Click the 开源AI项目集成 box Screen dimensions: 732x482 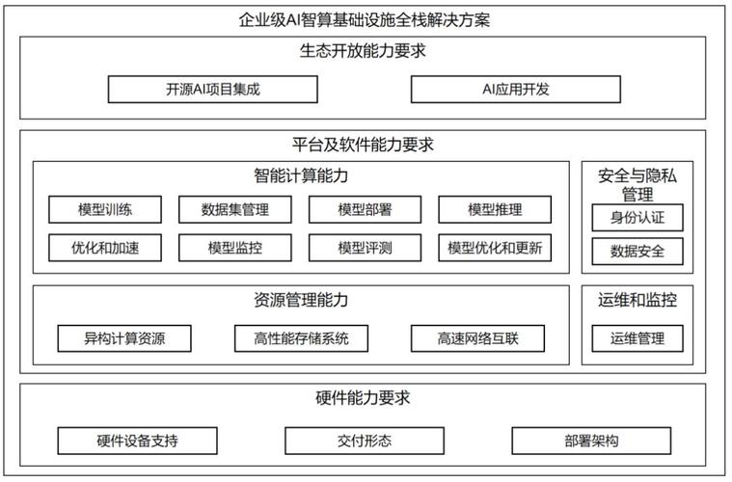click(x=212, y=89)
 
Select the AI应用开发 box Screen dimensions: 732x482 click(x=515, y=89)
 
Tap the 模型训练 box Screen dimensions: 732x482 click(x=105, y=209)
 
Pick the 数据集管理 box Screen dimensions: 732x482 click(x=234, y=209)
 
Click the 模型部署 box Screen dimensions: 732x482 click(x=365, y=209)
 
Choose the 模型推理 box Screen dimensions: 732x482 click(x=495, y=209)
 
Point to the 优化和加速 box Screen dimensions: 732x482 click(x=105, y=248)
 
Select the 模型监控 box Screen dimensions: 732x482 click(x=234, y=248)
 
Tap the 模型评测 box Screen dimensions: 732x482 click(x=365, y=248)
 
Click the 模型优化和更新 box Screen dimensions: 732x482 click(x=495, y=248)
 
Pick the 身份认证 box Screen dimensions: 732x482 click(x=637, y=218)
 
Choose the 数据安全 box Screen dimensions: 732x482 click(x=637, y=252)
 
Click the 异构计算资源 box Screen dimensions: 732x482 click(x=124, y=338)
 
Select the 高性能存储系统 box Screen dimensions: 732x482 click(x=301, y=338)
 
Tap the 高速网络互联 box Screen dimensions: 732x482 click(x=477, y=338)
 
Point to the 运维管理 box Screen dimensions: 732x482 click(x=637, y=338)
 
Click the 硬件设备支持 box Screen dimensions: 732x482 click(x=137, y=441)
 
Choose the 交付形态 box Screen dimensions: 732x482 click(x=365, y=441)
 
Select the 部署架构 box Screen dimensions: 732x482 click(x=591, y=441)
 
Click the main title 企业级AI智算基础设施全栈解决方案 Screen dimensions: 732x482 click(x=365, y=20)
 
